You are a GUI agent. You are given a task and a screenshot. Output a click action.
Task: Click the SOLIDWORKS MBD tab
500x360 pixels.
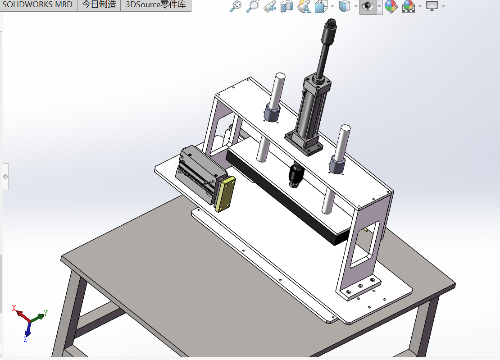pyautogui.click(x=38, y=5)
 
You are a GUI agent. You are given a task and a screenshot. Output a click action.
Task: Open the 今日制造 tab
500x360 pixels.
pyautogui.click(x=99, y=5)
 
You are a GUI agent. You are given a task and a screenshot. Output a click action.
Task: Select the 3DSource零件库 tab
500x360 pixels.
pyautogui.click(x=155, y=5)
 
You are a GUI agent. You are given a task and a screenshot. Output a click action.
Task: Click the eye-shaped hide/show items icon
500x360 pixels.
pyautogui.click(x=368, y=7)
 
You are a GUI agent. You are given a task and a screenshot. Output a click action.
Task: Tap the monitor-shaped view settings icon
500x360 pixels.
pyautogui.click(x=432, y=7)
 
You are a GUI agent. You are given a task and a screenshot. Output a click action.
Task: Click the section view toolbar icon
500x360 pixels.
pyautogui.click(x=286, y=7)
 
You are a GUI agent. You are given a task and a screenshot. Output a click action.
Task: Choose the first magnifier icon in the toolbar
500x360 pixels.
pyautogui.click(x=236, y=7)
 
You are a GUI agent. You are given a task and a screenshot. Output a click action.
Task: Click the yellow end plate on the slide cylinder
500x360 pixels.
pyautogui.click(x=225, y=194)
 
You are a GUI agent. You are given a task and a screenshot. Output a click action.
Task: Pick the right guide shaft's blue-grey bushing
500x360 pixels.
pyautogui.click(x=337, y=164)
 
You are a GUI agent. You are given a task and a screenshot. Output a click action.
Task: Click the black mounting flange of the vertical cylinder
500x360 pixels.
pyautogui.click(x=304, y=143)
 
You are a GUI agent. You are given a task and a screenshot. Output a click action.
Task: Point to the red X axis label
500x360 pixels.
pyautogui.click(x=14, y=309)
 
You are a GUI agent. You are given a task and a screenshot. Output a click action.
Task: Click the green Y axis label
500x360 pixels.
pyautogui.click(x=45, y=313)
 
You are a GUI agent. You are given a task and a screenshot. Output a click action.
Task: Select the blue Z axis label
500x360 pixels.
pyautogui.click(x=26, y=339)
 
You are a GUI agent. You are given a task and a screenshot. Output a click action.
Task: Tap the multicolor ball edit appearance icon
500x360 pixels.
pyautogui.click(x=391, y=7)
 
